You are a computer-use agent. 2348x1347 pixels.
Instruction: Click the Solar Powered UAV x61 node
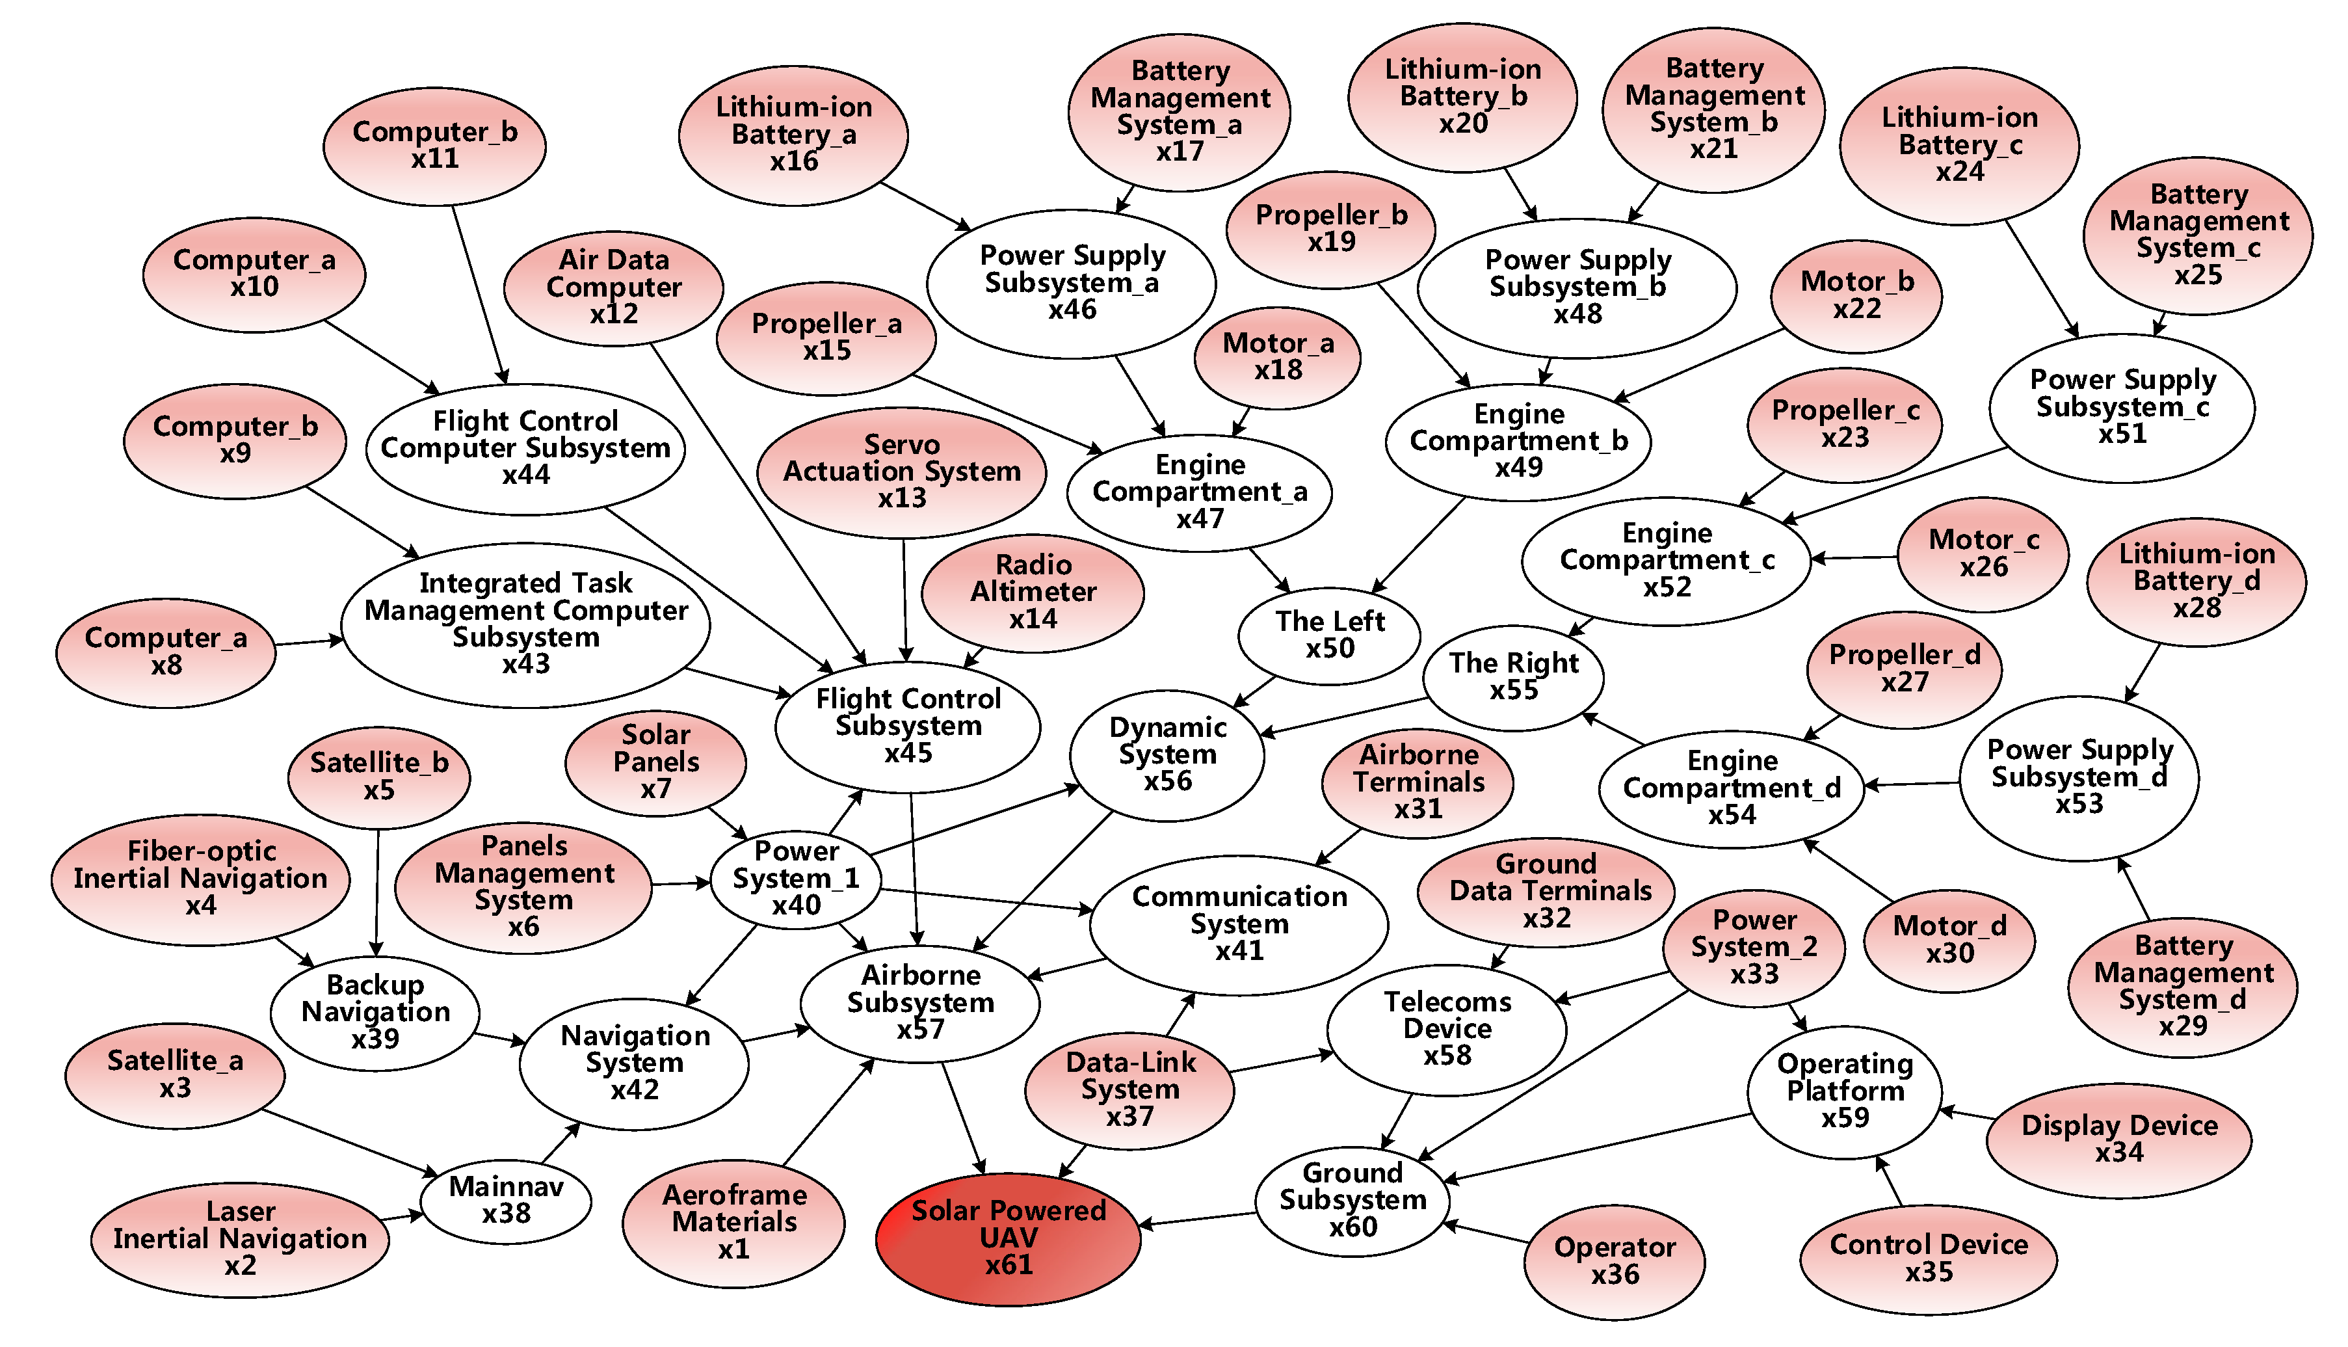[x=1008, y=1238]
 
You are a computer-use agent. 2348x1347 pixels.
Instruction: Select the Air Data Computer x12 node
[x=613, y=287]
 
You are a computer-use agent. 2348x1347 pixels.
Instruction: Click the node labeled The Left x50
[x=1330, y=635]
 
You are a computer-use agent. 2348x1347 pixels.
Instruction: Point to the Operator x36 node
[x=1615, y=1261]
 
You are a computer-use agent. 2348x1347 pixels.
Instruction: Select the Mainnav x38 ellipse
[x=506, y=1200]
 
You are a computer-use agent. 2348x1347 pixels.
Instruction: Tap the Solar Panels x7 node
[x=655, y=762]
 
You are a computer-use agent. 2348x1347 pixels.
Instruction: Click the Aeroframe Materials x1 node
[x=734, y=1222]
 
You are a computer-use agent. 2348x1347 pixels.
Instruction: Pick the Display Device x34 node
[x=2118, y=1139]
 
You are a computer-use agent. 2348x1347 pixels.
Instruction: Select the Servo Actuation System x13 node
[x=902, y=472]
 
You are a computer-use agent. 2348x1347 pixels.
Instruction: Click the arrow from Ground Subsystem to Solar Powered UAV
[x=1198, y=1220]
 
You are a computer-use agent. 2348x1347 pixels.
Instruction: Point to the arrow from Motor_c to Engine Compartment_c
[x=1854, y=558]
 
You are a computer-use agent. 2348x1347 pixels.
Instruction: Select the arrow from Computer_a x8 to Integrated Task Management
[x=309, y=641]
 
